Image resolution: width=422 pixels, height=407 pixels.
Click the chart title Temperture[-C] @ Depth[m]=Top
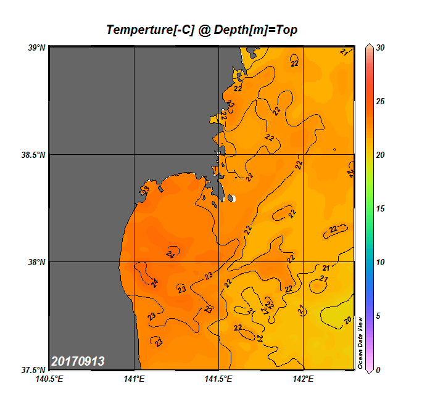(x=202, y=30)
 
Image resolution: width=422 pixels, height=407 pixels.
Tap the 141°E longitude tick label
(x=134, y=379)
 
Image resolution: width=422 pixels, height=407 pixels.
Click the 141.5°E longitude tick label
(x=218, y=379)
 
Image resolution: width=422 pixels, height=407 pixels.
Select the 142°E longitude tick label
(x=303, y=379)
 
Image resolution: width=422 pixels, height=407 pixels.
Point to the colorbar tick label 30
(x=380, y=47)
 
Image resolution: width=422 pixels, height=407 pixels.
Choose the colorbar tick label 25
(x=380, y=101)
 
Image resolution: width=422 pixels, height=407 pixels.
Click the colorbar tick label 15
(x=380, y=208)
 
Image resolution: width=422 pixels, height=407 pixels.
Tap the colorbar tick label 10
(x=380, y=262)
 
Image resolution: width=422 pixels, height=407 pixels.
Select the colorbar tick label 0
(x=378, y=370)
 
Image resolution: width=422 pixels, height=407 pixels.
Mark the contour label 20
(x=348, y=320)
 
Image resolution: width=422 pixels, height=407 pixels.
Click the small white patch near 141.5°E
(x=233, y=199)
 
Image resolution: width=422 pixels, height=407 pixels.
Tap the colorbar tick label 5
(x=378, y=316)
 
